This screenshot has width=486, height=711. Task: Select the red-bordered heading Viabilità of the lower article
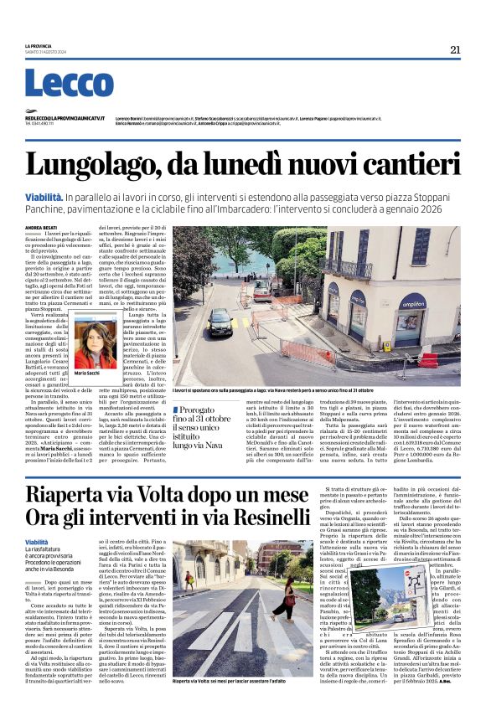[x=37, y=542]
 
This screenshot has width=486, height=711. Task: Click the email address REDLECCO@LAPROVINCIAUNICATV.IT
[x=65, y=119]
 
